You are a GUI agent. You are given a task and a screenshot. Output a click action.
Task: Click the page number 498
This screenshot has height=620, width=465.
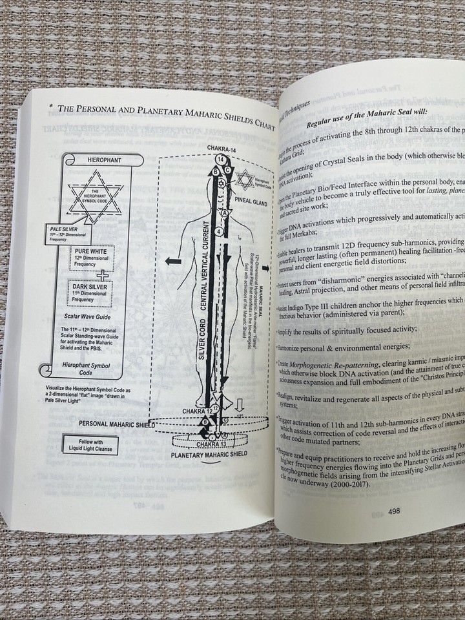[394, 510]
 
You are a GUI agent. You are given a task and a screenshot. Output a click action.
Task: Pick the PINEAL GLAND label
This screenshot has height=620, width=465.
[252, 200]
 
